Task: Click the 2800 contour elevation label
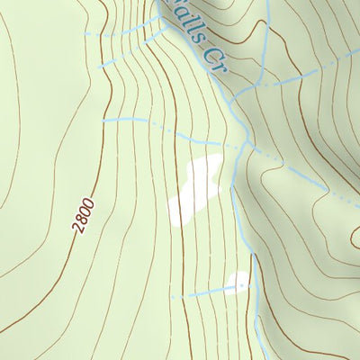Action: pos(85,216)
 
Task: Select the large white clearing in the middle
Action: pos(196,187)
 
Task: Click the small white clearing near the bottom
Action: pos(237,283)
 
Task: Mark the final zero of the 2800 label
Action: pos(90,203)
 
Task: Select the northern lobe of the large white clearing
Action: pos(207,167)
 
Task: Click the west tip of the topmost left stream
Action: pos(85,34)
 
